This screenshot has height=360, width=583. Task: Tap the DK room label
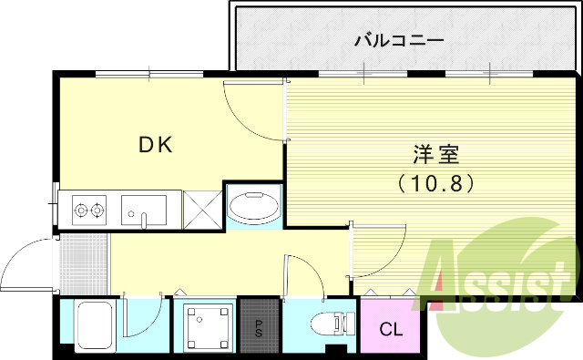pos(156,144)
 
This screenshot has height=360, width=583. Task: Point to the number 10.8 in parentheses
pos(436,182)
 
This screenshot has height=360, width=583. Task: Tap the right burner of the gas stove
pos(96,211)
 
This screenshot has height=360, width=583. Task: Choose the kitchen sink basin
pos(144,211)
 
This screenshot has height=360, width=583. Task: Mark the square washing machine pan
pos(204,326)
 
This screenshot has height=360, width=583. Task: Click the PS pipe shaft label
pos(259,325)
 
